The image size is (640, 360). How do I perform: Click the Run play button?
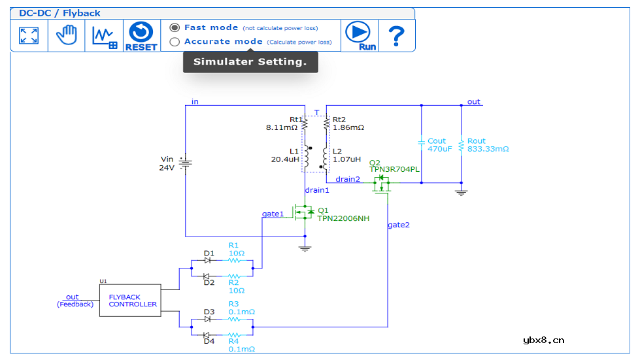(x=358, y=35)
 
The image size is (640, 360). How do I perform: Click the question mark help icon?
(x=396, y=35)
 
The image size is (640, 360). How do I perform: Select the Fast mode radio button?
(x=175, y=27)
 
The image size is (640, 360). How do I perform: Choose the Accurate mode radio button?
(x=175, y=42)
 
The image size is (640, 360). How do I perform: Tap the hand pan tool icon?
(x=66, y=35)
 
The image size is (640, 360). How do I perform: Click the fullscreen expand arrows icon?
(x=29, y=35)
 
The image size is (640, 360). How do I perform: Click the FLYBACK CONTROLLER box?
(x=130, y=301)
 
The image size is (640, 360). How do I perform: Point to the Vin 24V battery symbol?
(x=185, y=163)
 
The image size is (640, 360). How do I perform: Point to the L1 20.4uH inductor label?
(x=285, y=155)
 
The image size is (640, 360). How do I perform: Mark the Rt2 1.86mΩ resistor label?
(x=348, y=123)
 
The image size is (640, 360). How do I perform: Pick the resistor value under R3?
(x=242, y=312)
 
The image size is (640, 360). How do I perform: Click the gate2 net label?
(x=399, y=225)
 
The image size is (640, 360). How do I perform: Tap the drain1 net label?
(x=317, y=190)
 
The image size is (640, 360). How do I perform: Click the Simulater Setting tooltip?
(x=250, y=62)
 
